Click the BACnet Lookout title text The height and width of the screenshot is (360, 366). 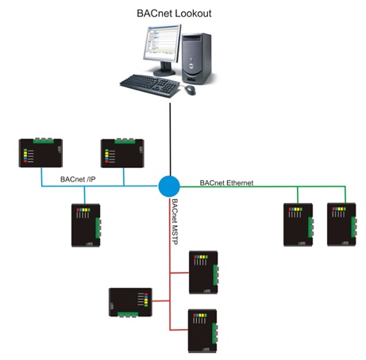click(x=174, y=13)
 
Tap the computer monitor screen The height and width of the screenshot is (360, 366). click(x=161, y=42)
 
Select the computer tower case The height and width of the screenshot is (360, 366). click(x=197, y=59)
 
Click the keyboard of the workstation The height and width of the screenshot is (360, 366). click(x=150, y=85)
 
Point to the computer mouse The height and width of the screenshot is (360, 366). click(x=190, y=90)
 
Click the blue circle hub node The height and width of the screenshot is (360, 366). click(x=169, y=186)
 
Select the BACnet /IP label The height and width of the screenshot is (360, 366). click(x=78, y=179)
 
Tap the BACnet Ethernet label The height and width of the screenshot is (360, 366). click(x=226, y=182)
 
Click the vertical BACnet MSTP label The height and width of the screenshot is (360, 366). click(x=175, y=221)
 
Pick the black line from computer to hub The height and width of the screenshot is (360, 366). click(x=170, y=140)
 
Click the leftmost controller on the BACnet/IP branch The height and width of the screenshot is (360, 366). click(x=40, y=153)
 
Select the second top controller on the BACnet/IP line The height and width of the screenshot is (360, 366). click(x=122, y=153)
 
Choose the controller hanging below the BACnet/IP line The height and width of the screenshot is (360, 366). click(x=86, y=225)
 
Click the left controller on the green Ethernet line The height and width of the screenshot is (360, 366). click(x=299, y=224)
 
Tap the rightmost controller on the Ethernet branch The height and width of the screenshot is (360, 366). click(x=341, y=224)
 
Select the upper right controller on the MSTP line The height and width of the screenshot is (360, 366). click(x=203, y=272)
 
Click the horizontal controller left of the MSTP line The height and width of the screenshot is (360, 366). click(x=131, y=302)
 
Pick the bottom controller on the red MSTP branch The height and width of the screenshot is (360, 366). click(x=202, y=331)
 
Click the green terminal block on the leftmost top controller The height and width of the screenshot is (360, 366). click(x=43, y=140)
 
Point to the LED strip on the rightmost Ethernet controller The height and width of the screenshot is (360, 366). click(x=339, y=209)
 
